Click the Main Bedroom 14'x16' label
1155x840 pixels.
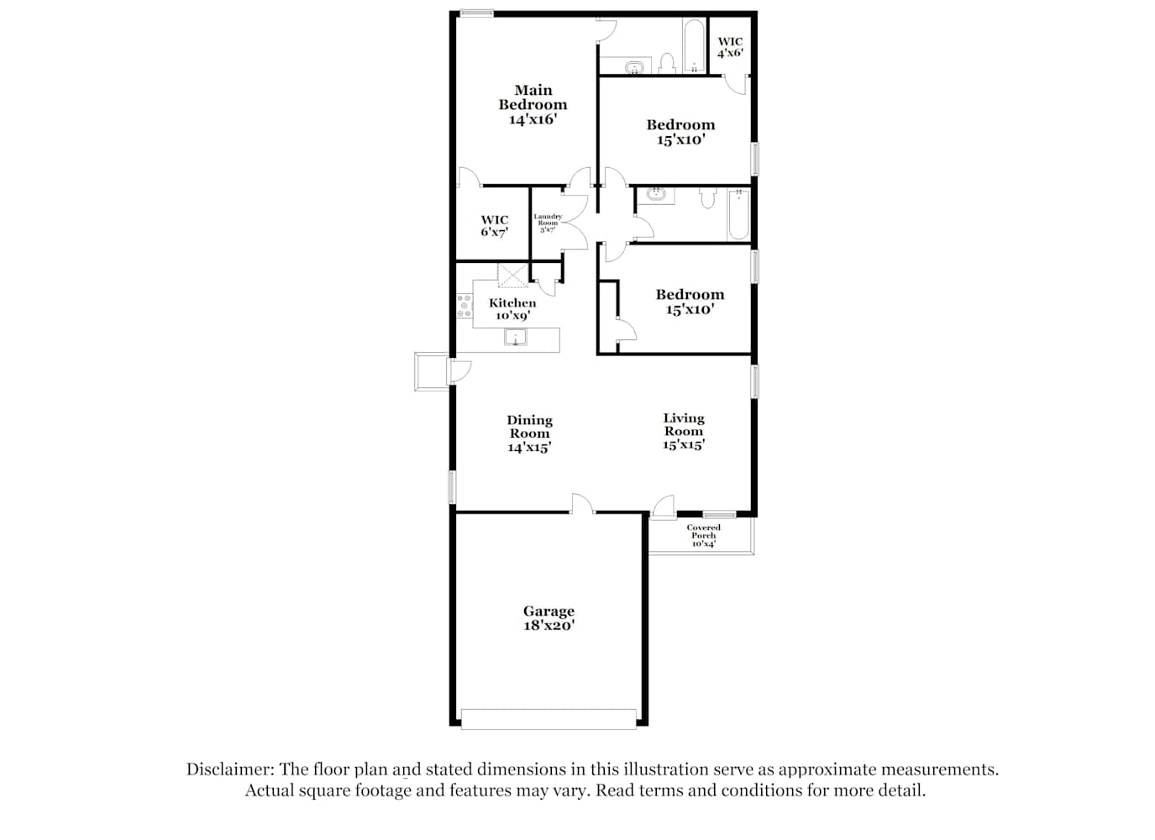pos(533,105)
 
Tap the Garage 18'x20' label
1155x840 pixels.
pos(549,617)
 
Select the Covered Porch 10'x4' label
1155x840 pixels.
pos(703,535)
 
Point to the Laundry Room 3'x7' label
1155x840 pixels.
pos(548,223)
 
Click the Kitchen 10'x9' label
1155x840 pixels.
pos(512,309)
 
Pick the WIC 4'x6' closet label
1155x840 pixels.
pos(730,47)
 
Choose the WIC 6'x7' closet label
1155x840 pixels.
pos(495,226)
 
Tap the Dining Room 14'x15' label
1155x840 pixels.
pos(529,433)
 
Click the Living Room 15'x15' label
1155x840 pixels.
pos(684,431)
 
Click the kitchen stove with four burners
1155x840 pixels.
pos(465,306)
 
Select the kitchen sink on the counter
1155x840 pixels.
pos(515,337)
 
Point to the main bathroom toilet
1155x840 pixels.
pos(667,64)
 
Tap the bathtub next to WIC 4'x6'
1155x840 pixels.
pos(694,45)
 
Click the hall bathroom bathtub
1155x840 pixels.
pos(739,214)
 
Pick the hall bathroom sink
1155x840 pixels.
pos(656,195)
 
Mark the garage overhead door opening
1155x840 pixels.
pos(549,719)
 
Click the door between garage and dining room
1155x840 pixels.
pos(583,504)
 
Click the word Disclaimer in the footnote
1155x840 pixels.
pos(230,769)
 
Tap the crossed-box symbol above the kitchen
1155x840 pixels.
pos(512,276)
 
